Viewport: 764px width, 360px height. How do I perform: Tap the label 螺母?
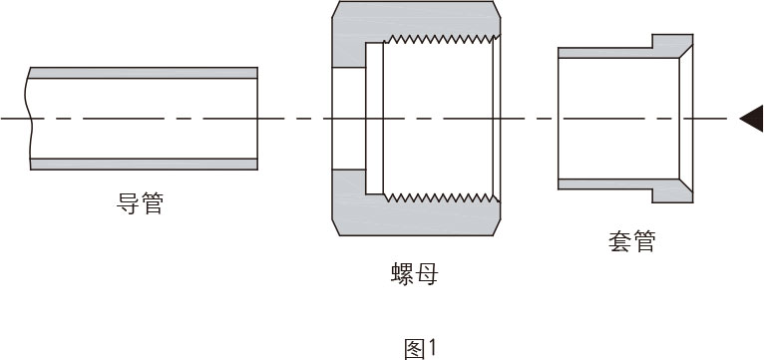coord(414,273)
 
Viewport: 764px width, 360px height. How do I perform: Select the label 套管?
coord(631,240)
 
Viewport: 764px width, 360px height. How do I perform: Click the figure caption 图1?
coord(420,348)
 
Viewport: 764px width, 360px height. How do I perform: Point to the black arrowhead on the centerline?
coord(751,119)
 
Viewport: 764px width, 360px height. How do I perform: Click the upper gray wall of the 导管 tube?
coord(145,73)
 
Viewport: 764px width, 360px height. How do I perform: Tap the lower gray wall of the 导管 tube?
coord(145,164)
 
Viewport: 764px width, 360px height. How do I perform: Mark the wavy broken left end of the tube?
coord(31,119)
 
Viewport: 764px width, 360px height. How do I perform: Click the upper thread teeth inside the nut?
coord(439,39)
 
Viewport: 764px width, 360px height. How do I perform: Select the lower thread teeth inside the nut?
coord(439,197)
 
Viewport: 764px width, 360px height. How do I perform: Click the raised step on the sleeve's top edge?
coord(668,41)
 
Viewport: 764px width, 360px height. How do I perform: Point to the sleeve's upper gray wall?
coord(608,52)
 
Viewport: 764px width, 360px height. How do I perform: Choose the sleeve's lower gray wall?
coord(608,184)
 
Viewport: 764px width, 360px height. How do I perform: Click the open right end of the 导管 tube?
coord(257,119)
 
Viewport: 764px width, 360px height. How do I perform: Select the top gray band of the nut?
coord(414,17)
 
